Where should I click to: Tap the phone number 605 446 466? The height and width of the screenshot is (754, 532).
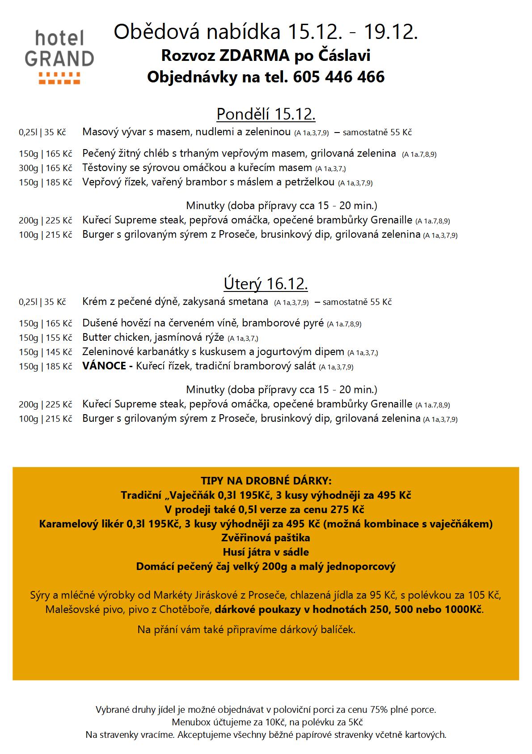click(339, 77)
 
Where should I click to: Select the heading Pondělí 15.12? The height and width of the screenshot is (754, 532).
click(266, 114)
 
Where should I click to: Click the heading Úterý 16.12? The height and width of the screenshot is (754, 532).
click(266, 284)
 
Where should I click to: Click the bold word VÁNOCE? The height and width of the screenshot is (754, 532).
click(105, 366)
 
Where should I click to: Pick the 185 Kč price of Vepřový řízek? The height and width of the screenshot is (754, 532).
click(59, 183)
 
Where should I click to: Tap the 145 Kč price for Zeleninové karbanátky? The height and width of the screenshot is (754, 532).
click(59, 352)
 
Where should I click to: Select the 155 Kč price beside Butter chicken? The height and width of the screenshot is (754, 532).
click(59, 338)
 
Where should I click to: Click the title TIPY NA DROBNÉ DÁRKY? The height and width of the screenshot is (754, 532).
click(266, 481)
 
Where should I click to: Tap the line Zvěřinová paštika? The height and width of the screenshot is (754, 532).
click(266, 538)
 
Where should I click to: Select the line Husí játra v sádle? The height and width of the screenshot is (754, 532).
click(266, 552)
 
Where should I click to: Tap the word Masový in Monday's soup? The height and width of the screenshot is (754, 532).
click(99, 132)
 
